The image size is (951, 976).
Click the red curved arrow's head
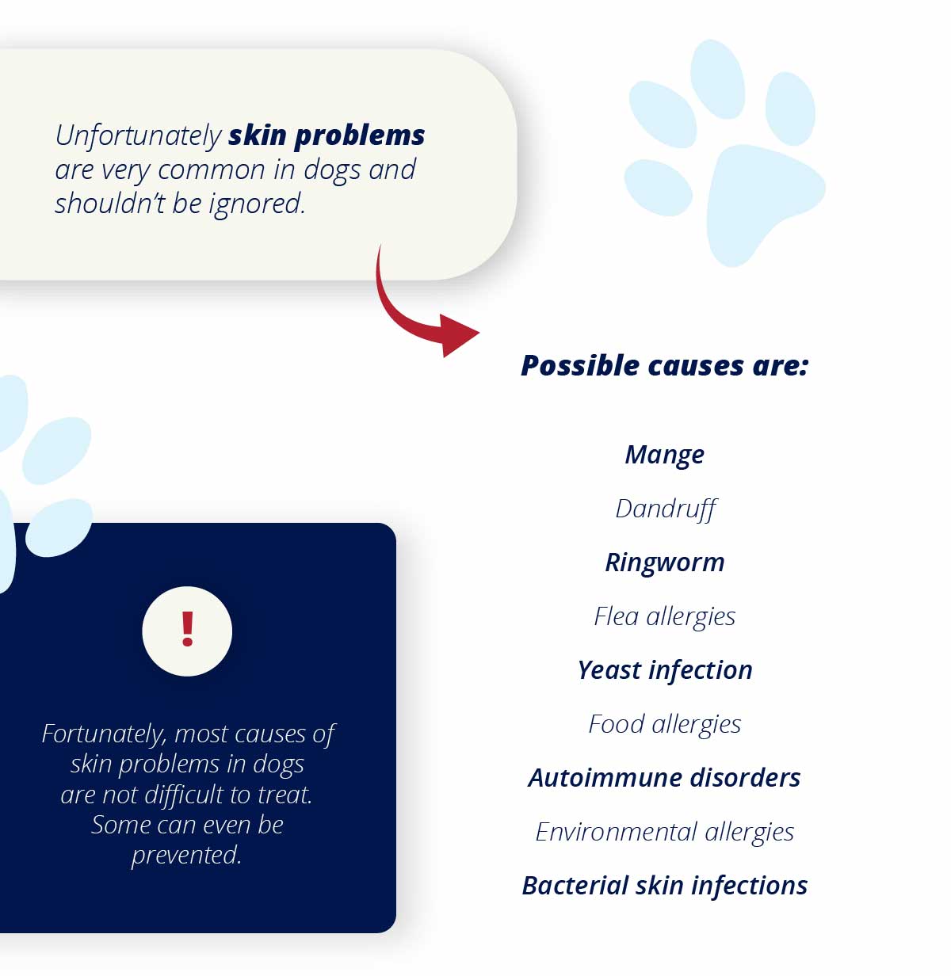(x=459, y=335)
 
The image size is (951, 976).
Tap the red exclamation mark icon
(x=187, y=629)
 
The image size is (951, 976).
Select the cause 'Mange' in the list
(x=664, y=456)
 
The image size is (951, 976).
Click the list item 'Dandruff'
(x=666, y=509)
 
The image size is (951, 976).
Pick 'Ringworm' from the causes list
(x=664, y=562)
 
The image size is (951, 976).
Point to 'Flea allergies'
(x=664, y=617)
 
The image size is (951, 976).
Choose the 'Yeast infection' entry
(x=664, y=670)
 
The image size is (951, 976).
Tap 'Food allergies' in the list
(x=664, y=725)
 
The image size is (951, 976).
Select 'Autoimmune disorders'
(x=664, y=778)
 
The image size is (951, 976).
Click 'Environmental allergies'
(x=664, y=833)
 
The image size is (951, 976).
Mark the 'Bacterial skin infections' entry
(x=664, y=886)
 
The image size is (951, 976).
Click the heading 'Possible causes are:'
(x=664, y=366)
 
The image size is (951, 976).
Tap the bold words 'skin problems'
(x=327, y=136)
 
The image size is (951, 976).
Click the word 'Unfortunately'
(x=139, y=136)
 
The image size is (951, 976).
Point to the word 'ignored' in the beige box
(x=257, y=204)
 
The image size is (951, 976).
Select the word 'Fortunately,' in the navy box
(x=105, y=734)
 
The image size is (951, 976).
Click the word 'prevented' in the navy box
(x=186, y=856)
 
